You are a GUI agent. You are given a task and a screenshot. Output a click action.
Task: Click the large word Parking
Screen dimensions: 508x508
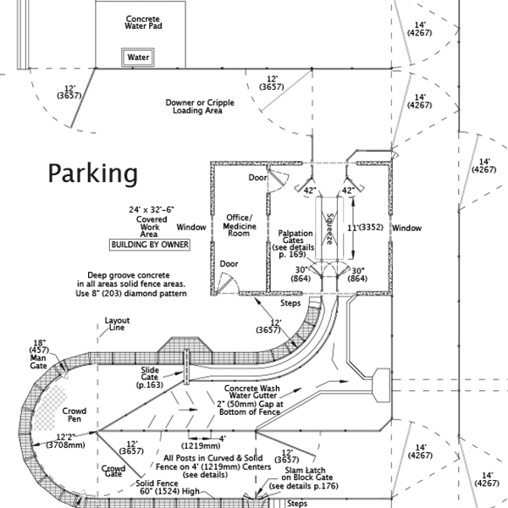tap(92, 174)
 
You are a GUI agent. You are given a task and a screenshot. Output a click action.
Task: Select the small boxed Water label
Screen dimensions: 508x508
tap(138, 58)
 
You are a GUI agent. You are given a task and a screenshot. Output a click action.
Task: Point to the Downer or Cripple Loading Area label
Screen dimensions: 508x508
tap(200, 106)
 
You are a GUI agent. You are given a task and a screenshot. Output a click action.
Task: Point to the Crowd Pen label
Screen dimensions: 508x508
tap(75, 416)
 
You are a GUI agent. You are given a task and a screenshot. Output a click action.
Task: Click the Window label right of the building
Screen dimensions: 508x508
tap(407, 228)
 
